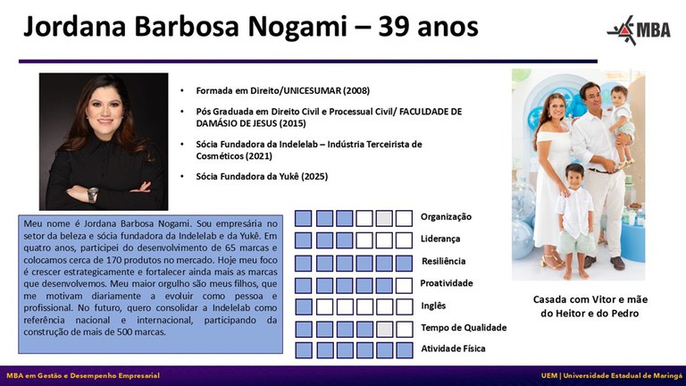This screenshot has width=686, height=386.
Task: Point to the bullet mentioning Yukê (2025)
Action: pos(262,177)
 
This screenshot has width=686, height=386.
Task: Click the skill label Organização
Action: pos(447,216)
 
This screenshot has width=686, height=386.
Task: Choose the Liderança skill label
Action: pos(440,239)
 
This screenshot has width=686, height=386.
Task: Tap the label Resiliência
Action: pos(444,261)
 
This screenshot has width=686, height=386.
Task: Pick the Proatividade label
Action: pos(446,283)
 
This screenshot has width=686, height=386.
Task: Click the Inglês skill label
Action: pos(433,306)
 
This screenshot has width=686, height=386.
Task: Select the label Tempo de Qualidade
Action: pos(464,328)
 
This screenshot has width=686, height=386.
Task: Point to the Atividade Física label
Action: pos(453,348)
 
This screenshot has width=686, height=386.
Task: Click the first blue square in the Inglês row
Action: pos(304,306)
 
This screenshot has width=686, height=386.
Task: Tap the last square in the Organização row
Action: pos(405,218)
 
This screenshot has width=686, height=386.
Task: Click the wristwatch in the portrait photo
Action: pos(93,194)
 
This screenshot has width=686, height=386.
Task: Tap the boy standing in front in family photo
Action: pos(574,214)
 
